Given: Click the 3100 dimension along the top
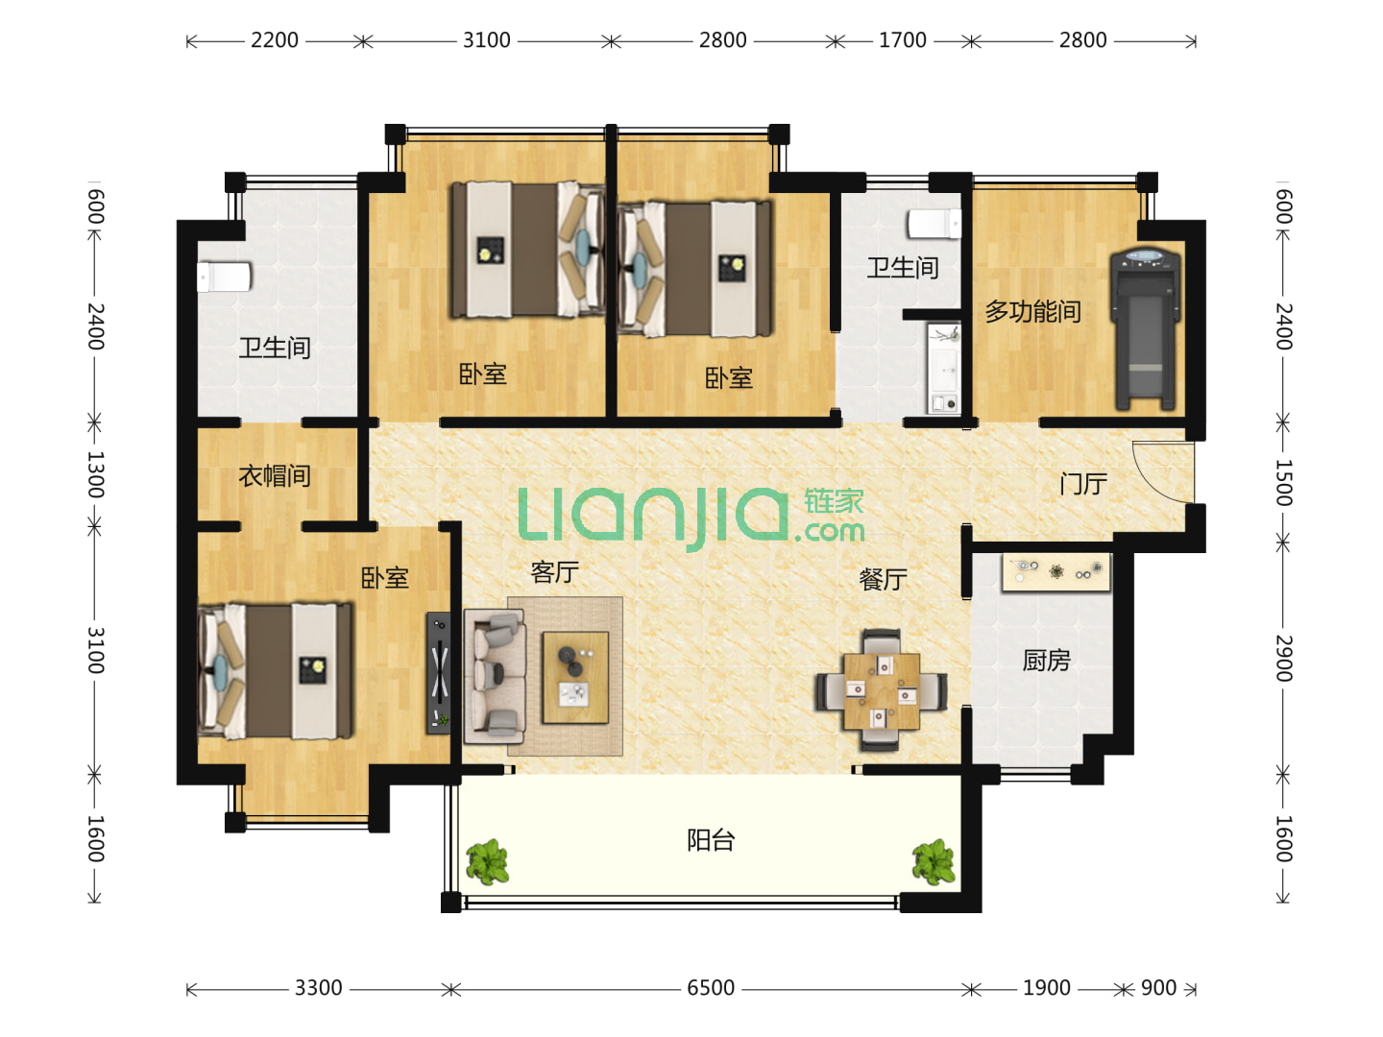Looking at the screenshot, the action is (x=486, y=40).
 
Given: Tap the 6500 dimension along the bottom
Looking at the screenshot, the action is (x=710, y=987).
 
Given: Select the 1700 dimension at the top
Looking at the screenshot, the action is (x=902, y=40).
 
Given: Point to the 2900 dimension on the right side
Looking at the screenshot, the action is (x=1283, y=658).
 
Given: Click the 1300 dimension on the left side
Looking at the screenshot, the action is (x=95, y=474).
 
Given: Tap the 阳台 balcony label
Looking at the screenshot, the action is (x=710, y=840).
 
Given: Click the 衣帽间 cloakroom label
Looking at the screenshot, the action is (x=274, y=476).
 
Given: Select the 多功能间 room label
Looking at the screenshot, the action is (x=1032, y=311).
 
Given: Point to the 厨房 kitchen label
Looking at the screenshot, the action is (x=1046, y=661).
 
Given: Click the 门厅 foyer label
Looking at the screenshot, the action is (x=1082, y=484).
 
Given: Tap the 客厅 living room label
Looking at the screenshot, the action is (x=554, y=572).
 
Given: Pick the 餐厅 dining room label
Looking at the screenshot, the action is (x=883, y=579).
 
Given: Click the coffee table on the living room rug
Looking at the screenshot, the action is (x=575, y=678).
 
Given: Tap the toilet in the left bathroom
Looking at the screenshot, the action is (x=224, y=277).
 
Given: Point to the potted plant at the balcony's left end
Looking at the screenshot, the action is (x=487, y=861).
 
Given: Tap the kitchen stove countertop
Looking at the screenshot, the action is (x=1055, y=572).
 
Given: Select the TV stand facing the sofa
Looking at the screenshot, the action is (x=439, y=673).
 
